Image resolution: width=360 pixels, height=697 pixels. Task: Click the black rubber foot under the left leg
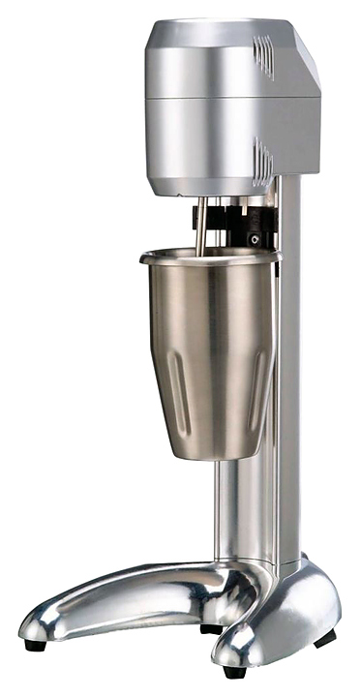[34, 643]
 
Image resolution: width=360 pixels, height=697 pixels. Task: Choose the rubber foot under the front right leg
[232, 670]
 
